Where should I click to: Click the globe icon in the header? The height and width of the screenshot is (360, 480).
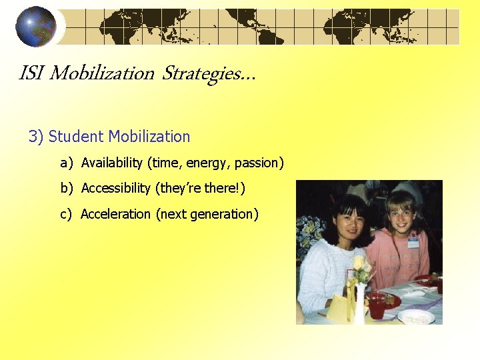[x=36, y=27]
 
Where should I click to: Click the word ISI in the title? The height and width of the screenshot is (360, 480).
[x=31, y=73]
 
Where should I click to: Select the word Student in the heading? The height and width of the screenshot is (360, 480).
[x=76, y=137]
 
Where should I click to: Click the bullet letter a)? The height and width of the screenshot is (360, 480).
[x=67, y=163]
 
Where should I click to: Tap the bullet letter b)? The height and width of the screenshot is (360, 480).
[x=67, y=189]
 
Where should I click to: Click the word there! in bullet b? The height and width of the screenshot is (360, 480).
[x=225, y=189]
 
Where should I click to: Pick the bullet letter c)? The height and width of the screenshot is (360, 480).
[x=67, y=214]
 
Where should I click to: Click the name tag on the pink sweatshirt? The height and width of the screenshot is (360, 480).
[x=413, y=242]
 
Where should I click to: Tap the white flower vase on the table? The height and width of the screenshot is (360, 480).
[x=360, y=303]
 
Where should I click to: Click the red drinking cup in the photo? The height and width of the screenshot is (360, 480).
[x=377, y=306]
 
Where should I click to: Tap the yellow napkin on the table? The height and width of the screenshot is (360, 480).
[x=340, y=308]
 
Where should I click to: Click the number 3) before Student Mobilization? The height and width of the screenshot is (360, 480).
[x=36, y=137]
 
